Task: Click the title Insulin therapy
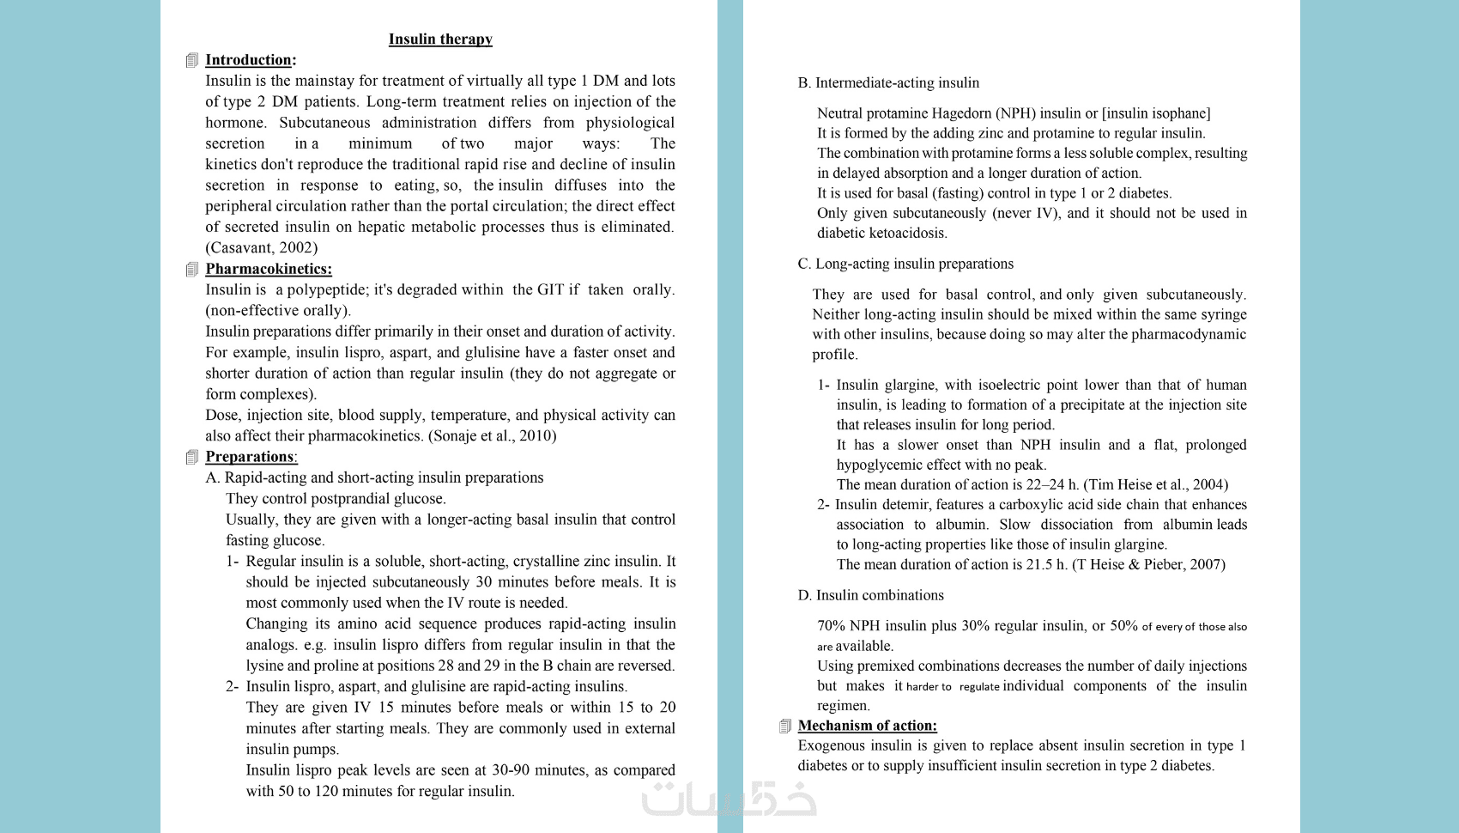440,40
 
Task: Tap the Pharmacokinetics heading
268,269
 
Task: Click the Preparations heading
251,457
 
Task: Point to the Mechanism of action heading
867,726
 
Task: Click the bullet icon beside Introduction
192,60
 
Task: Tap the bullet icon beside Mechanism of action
785,727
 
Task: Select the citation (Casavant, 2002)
261,247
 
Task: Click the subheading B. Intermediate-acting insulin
888,83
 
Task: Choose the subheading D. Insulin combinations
871,595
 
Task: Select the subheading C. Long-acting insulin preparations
905,264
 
